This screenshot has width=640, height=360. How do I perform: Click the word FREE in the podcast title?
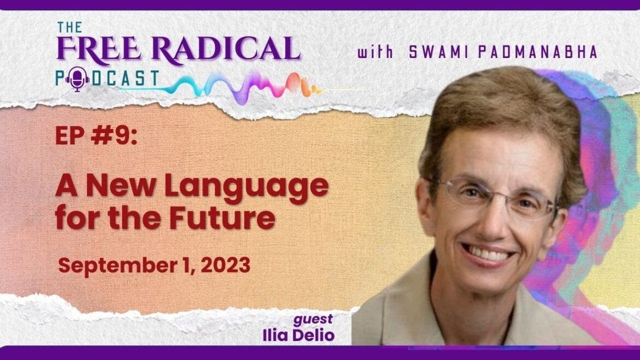pyautogui.click(x=98, y=49)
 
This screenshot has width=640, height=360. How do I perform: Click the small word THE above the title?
pyautogui.click(x=69, y=27)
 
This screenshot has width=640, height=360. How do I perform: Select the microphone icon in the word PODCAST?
pyautogui.click(x=77, y=79)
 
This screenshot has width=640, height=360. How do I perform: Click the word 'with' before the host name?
pyautogui.click(x=375, y=52)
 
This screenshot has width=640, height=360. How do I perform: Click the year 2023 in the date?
pyautogui.click(x=225, y=265)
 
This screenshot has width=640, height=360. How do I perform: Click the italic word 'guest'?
pyautogui.click(x=313, y=320)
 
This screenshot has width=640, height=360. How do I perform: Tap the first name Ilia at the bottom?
pyautogui.click(x=275, y=335)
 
